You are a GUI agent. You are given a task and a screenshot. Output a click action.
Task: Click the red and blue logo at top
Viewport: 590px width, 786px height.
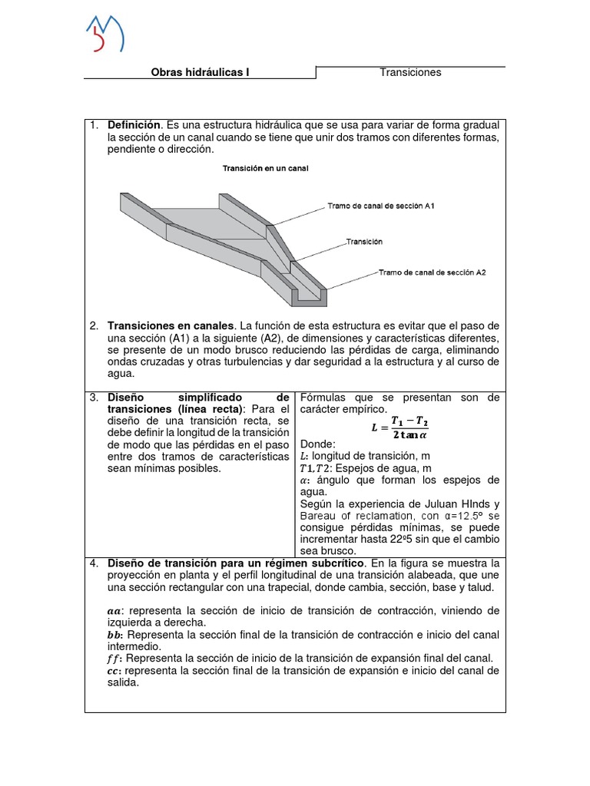(x=104, y=34)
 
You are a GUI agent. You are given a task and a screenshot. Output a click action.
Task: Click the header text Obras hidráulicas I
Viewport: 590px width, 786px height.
(x=200, y=73)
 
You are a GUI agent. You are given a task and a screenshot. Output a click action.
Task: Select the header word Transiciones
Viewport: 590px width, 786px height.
(x=410, y=72)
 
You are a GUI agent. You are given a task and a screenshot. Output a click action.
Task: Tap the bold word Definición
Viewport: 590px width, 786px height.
(x=134, y=124)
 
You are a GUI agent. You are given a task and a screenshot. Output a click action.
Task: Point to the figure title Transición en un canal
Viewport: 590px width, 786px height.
(x=265, y=168)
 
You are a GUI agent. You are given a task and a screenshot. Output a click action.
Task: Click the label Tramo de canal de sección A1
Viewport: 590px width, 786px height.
(x=381, y=206)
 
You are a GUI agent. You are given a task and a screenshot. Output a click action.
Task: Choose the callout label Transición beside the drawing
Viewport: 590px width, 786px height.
(x=364, y=241)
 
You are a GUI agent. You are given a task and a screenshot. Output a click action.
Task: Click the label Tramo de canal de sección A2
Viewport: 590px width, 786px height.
(x=432, y=272)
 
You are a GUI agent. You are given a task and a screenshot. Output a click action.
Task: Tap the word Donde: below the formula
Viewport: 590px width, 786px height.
(x=318, y=444)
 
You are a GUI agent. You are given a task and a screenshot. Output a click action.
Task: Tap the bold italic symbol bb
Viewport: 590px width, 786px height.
(x=114, y=635)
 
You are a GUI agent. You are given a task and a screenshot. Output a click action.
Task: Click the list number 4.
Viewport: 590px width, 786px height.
(x=93, y=563)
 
